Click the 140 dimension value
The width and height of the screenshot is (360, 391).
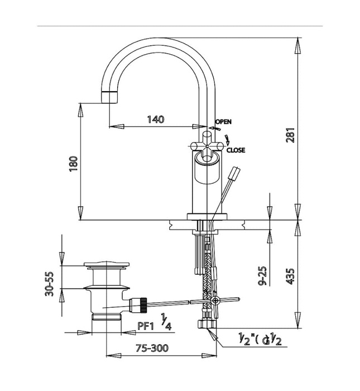[156, 119]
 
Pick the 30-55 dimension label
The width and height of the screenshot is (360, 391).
[50, 283]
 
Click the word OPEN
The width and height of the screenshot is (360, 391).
[223, 121]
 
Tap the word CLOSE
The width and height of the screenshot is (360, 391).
[236, 150]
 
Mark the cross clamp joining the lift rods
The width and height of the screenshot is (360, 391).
[215, 301]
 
